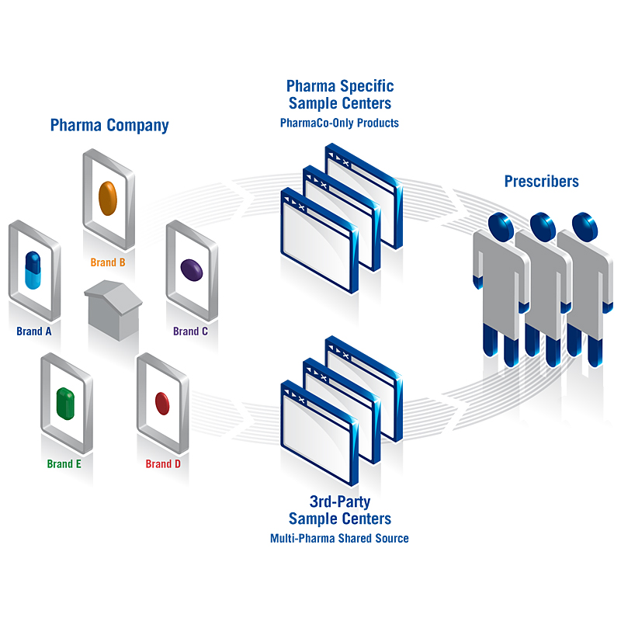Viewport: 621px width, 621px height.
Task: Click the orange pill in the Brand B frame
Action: click(x=108, y=198)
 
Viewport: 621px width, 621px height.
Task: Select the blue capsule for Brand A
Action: click(x=33, y=269)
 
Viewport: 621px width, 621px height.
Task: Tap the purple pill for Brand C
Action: click(x=192, y=269)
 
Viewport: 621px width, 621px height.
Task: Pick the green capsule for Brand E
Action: click(x=65, y=401)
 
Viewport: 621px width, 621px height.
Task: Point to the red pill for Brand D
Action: click(x=162, y=403)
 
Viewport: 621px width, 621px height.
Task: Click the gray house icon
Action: click(x=112, y=310)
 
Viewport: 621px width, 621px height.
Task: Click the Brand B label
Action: click(x=108, y=262)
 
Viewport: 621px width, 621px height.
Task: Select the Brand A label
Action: click(x=34, y=331)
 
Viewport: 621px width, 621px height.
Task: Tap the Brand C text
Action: click(x=190, y=331)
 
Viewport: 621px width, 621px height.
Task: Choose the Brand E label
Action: click(x=64, y=464)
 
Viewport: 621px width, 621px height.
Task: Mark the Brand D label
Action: click(x=163, y=464)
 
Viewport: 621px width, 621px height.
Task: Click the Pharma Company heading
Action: click(x=109, y=125)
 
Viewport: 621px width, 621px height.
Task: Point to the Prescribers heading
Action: click(x=541, y=182)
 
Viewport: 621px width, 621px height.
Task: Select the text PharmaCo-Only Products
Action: click(x=339, y=123)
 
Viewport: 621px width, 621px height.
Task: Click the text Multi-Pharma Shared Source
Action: click(x=339, y=538)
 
